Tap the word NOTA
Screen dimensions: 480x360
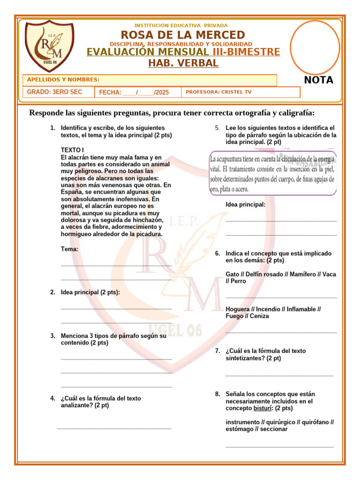click(x=319, y=80)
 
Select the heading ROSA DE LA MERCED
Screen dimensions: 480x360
click(x=183, y=35)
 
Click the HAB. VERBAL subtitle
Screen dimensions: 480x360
click(x=183, y=63)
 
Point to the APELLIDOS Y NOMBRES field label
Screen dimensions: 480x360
click(x=63, y=80)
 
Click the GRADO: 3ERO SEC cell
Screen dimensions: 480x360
click(x=54, y=92)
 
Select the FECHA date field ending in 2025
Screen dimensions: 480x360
click(x=134, y=93)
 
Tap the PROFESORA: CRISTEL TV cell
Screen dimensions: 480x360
click(x=218, y=92)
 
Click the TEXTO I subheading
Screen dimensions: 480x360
click(x=73, y=150)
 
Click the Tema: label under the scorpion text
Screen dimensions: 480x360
click(x=70, y=249)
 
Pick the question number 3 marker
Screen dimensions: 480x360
click(x=53, y=336)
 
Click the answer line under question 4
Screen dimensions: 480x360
click(x=114, y=427)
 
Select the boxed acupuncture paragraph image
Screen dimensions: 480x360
click(x=272, y=172)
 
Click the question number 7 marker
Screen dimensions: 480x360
click(x=217, y=351)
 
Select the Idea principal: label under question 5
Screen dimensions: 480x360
click(x=246, y=204)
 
